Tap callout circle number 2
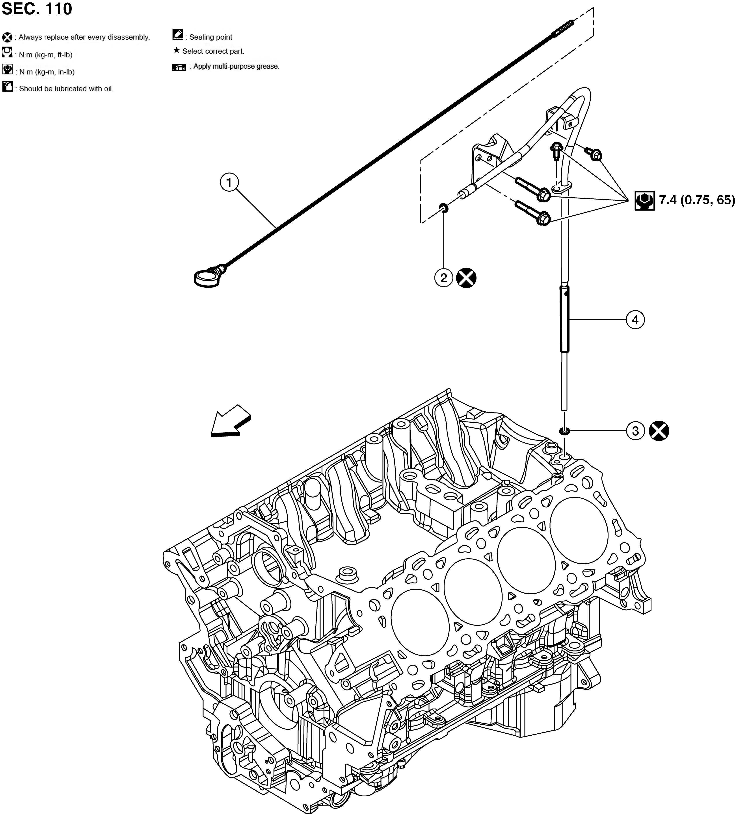(444, 278)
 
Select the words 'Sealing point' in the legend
(210, 37)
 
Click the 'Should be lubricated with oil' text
(66, 89)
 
